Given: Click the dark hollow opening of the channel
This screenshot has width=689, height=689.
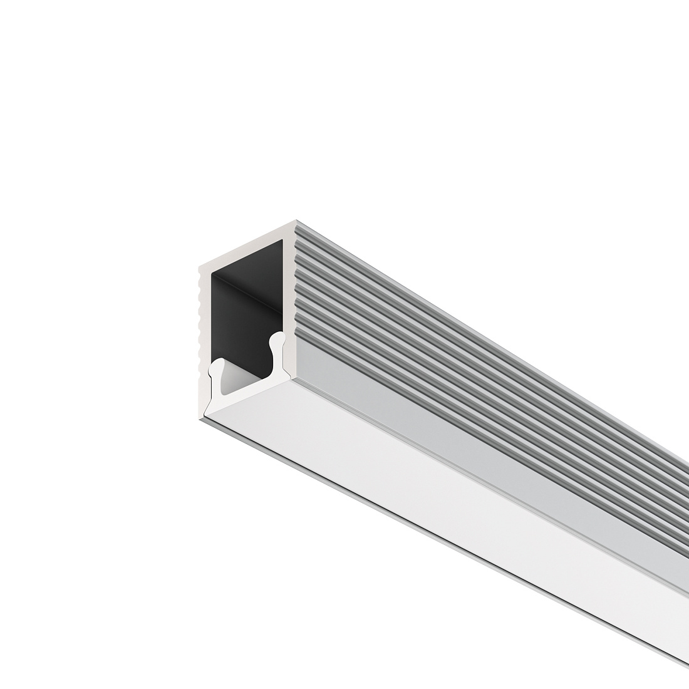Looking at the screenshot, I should (x=247, y=301).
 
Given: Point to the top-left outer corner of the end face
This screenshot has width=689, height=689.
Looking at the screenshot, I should (x=199, y=268).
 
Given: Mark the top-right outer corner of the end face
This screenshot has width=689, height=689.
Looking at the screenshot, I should (x=296, y=222).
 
